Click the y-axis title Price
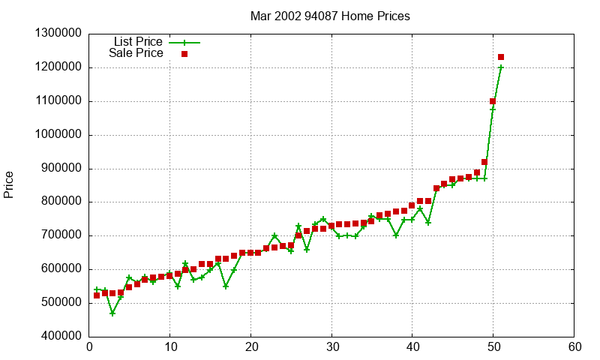9,184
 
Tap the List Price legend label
138,42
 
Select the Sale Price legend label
136,53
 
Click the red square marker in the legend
184,53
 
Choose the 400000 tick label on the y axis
58,337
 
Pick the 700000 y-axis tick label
58,235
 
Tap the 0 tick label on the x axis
89,347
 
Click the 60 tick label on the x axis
574,347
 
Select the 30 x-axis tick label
331,347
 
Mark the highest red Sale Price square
501,57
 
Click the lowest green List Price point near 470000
112,313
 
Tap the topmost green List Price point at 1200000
501,67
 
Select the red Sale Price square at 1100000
493,101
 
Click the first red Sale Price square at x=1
97,295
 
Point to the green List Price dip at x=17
226,286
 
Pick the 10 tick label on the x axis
170,347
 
